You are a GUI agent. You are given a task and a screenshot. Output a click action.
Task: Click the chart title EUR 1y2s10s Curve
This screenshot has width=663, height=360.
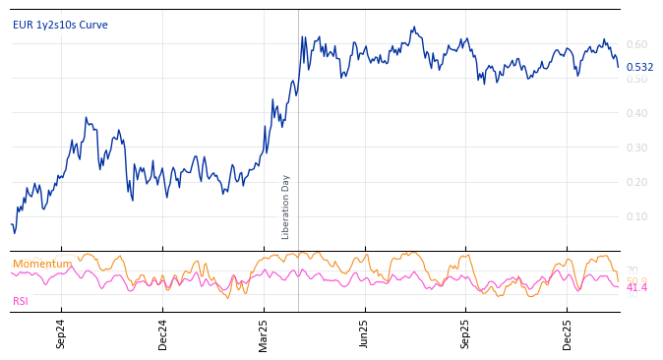coord(60,25)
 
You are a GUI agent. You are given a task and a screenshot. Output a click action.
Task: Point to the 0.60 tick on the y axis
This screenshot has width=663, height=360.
coord(636,44)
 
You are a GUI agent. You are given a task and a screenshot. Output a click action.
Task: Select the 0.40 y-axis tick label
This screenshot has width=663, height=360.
coord(636,113)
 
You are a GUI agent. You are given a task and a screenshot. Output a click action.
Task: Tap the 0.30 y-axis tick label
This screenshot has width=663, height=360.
coord(636,148)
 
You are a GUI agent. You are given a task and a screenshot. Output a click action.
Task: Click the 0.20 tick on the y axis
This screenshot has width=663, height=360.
coord(636,182)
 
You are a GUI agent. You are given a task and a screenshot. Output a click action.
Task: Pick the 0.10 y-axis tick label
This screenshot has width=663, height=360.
coord(636,216)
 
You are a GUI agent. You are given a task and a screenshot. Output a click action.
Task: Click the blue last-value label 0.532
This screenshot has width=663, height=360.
coord(639,67)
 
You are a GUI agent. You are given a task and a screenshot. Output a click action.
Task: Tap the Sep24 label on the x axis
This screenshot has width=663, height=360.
coord(61,334)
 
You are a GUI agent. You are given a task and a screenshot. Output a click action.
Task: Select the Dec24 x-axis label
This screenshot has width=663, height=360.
coord(162,334)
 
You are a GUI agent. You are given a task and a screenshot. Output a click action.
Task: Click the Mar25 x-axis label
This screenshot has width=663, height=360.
coord(264,334)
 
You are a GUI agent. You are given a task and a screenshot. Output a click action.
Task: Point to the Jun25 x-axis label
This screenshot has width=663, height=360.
coord(365,334)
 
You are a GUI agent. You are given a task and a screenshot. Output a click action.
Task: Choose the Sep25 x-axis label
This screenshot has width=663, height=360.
coord(466,334)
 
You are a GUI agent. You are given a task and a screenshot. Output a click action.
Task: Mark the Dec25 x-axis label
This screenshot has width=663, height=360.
coord(568,334)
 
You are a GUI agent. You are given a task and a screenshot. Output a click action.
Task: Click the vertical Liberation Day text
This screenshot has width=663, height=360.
coord(286,207)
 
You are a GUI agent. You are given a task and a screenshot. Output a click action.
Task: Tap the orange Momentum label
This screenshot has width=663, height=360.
coord(42,264)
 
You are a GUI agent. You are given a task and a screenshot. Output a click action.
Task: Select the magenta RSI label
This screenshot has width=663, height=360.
coord(21,301)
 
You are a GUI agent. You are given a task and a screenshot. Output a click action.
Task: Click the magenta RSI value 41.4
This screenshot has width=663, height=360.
coord(636,287)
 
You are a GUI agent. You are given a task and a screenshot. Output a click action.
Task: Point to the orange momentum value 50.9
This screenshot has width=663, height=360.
coord(636,279)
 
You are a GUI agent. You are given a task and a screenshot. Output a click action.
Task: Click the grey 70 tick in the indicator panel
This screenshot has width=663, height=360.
coord(632,270)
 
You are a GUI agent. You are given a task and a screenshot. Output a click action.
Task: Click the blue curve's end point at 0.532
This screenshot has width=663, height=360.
coord(618,67)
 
